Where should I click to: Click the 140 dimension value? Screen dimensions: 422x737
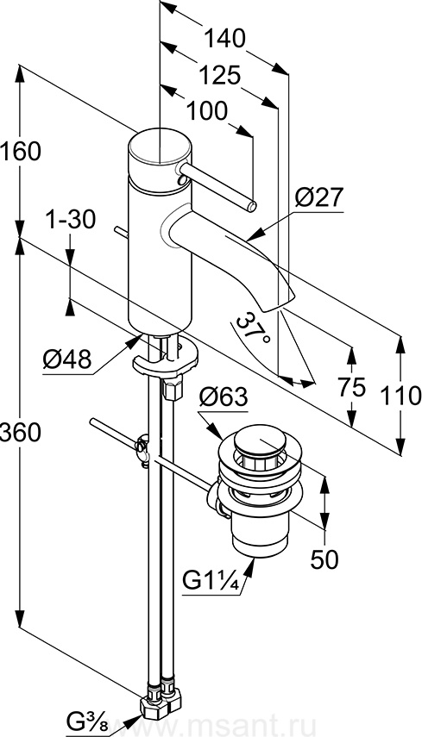click(x=224, y=39)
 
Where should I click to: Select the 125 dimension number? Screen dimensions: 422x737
click(x=219, y=75)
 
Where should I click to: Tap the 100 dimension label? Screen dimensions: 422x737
click(x=207, y=111)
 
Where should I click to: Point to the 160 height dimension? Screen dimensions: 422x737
click(x=21, y=152)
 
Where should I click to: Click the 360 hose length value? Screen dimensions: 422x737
click(x=21, y=432)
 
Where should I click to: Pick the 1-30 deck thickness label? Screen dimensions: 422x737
click(x=71, y=220)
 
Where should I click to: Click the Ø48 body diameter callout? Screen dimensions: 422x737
click(x=66, y=360)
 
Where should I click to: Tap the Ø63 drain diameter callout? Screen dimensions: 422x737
click(x=223, y=397)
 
